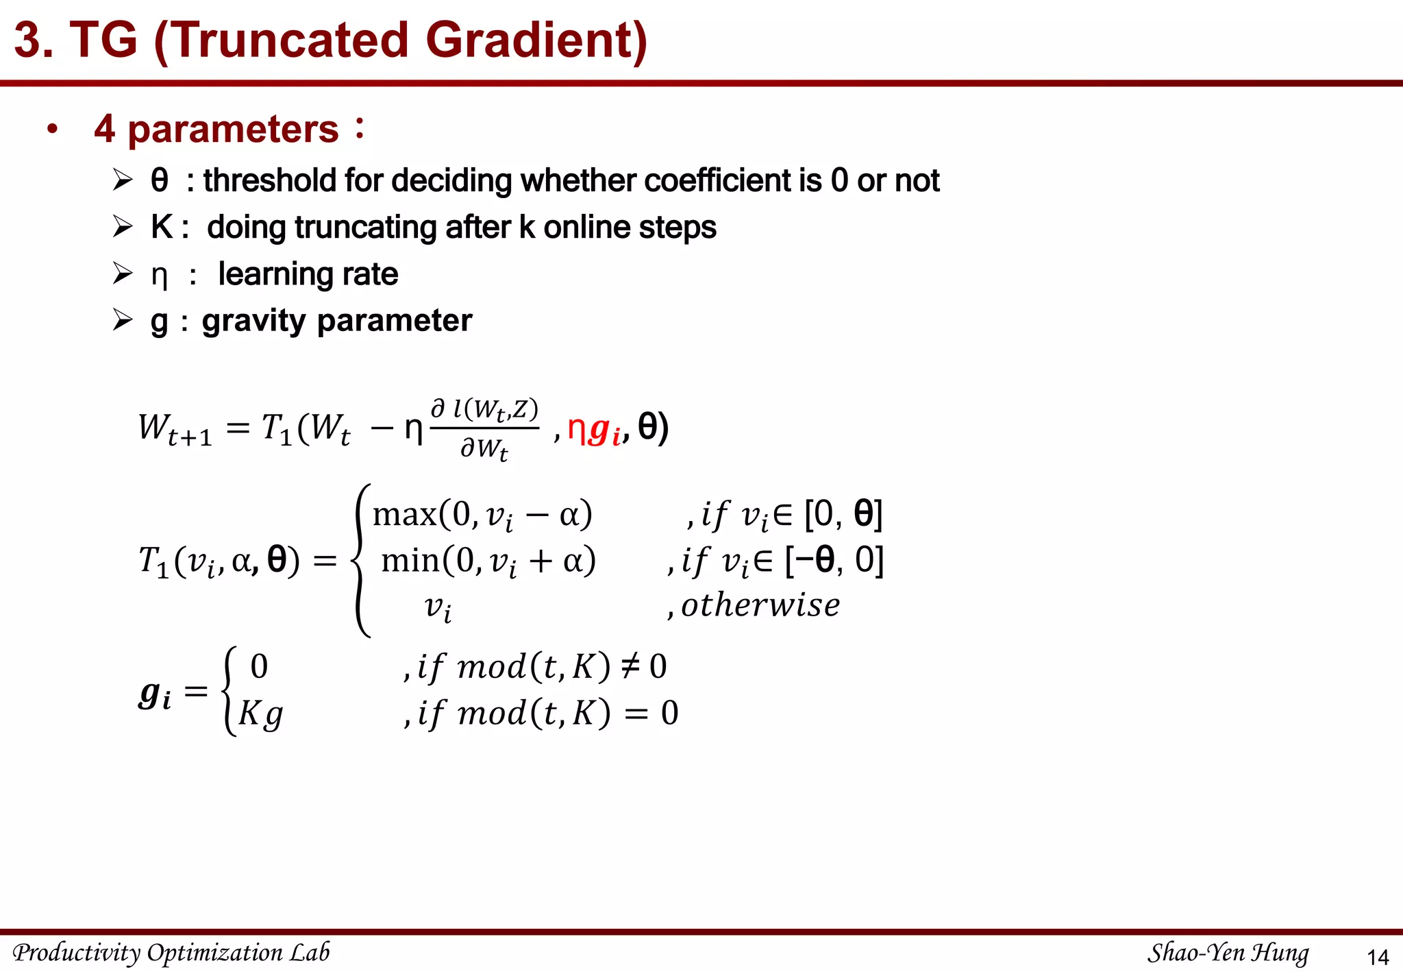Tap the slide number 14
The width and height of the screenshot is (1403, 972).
point(1377,957)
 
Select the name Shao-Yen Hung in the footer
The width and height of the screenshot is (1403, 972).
point(1228,953)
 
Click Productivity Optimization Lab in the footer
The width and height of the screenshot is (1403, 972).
point(171,953)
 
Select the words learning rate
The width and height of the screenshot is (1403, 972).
point(308,274)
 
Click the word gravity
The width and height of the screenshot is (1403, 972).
point(254,321)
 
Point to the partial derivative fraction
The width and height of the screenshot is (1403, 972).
point(484,428)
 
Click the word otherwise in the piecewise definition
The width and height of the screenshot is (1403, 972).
point(760,605)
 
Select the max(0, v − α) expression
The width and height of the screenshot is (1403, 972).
point(482,515)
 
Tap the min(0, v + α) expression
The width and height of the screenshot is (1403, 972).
point(488,561)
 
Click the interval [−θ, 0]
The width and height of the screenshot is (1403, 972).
point(834,560)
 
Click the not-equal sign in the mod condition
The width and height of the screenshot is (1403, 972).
point(629,666)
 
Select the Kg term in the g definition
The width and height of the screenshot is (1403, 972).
point(260,715)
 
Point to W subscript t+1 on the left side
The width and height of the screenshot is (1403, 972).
point(175,429)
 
